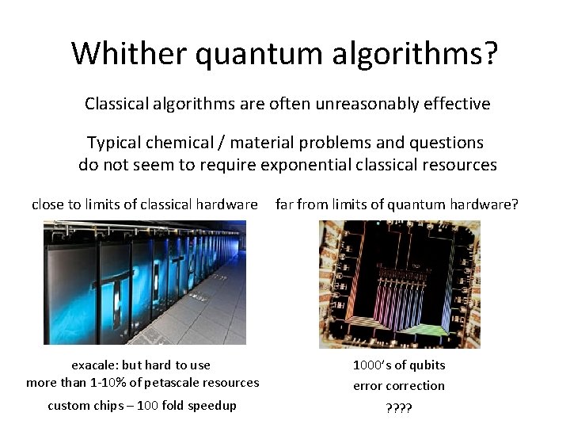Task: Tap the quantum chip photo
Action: (399, 284)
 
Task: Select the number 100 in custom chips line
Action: (162, 406)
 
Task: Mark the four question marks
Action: (399, 408)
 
